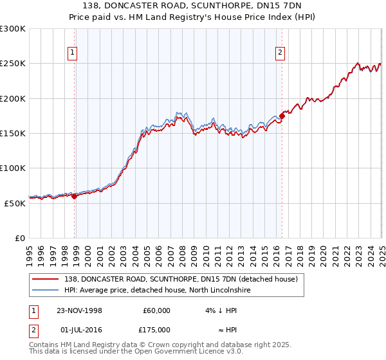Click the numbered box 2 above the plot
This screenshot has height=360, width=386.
click(x=281, y=53)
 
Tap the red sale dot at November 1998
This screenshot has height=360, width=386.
click(x=75, y=197)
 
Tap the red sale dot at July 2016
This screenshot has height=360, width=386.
click(x=282, y=116)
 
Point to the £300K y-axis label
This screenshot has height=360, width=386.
click(x=12, y=29)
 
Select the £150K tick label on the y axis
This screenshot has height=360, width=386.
click(x=12, y=134)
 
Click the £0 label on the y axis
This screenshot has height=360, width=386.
click(x=19, y=238)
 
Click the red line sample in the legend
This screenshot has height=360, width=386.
click(x=44, y=280)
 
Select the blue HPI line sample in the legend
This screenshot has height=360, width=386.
click(x=44, y=291)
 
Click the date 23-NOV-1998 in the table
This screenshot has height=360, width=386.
click(x=79, y=310)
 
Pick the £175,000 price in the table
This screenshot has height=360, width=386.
click(x=156, y=330)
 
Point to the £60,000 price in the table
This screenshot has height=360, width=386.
click(x=156, y=310)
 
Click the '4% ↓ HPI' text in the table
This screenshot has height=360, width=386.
click(x=220, y=310)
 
